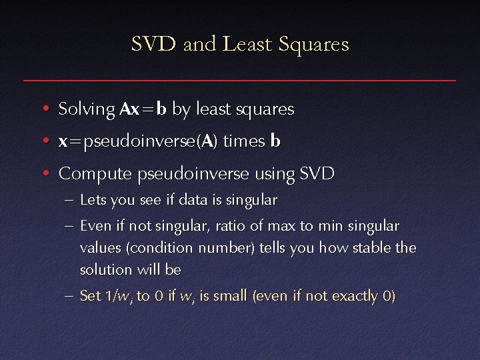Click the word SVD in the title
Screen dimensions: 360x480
(153, 45)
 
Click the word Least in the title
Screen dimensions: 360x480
(247, 45)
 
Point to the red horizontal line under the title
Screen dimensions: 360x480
(240, 80)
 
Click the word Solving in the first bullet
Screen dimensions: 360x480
(87, 109)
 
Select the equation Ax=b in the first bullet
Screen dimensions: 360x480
(143, 109)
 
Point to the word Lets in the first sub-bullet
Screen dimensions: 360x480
(91, 200)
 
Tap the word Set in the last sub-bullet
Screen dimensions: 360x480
(89, 295)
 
